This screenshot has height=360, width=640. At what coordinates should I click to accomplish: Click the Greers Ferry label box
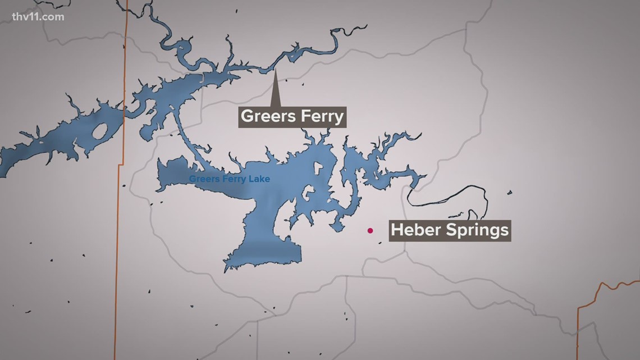292,117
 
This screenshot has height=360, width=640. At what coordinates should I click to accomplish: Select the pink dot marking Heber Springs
370,230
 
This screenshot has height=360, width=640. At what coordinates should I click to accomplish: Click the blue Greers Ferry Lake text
229,179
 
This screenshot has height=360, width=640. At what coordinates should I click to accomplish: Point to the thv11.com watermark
37,17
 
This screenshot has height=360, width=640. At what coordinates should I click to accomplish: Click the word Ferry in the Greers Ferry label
320,117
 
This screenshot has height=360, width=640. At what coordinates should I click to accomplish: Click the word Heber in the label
414,230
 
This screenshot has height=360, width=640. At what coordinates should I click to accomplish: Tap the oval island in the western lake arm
99,132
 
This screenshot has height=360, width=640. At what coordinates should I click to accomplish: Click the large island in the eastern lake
318,171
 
